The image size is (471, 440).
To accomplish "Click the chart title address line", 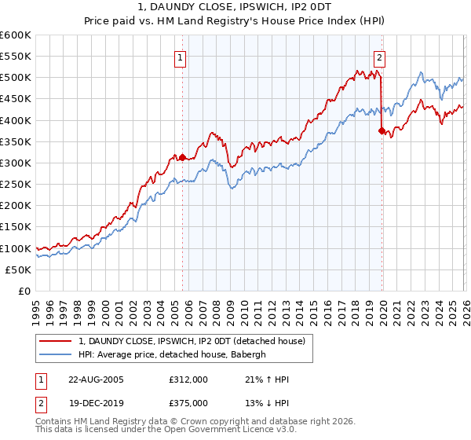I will point(235,6).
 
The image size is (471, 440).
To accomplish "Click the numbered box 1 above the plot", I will point(181,57).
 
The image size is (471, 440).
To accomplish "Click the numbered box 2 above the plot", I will point(379,57).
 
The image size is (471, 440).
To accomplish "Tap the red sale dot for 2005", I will point(183,157).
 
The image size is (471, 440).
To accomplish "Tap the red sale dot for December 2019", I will point(382,131).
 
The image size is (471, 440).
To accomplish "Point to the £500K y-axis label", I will point(16,78).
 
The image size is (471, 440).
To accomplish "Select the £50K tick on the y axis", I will point(18,269).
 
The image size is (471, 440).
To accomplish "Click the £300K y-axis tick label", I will point(16,163).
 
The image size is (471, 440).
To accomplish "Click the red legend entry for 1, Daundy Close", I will point(196,341).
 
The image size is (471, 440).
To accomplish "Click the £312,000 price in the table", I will point(187,379).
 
